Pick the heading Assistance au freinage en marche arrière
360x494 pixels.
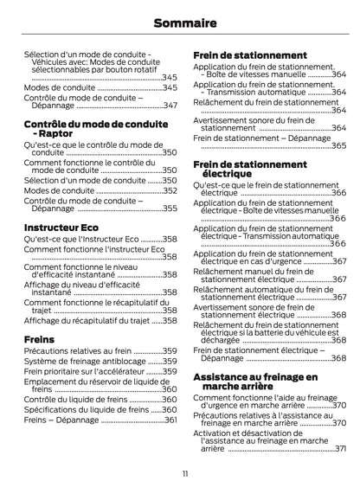(x=254, y=382)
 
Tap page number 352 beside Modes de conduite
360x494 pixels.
(x=170, y=189)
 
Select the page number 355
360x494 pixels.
(x=170, y=209)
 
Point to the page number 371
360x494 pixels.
(x=340, y=448)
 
